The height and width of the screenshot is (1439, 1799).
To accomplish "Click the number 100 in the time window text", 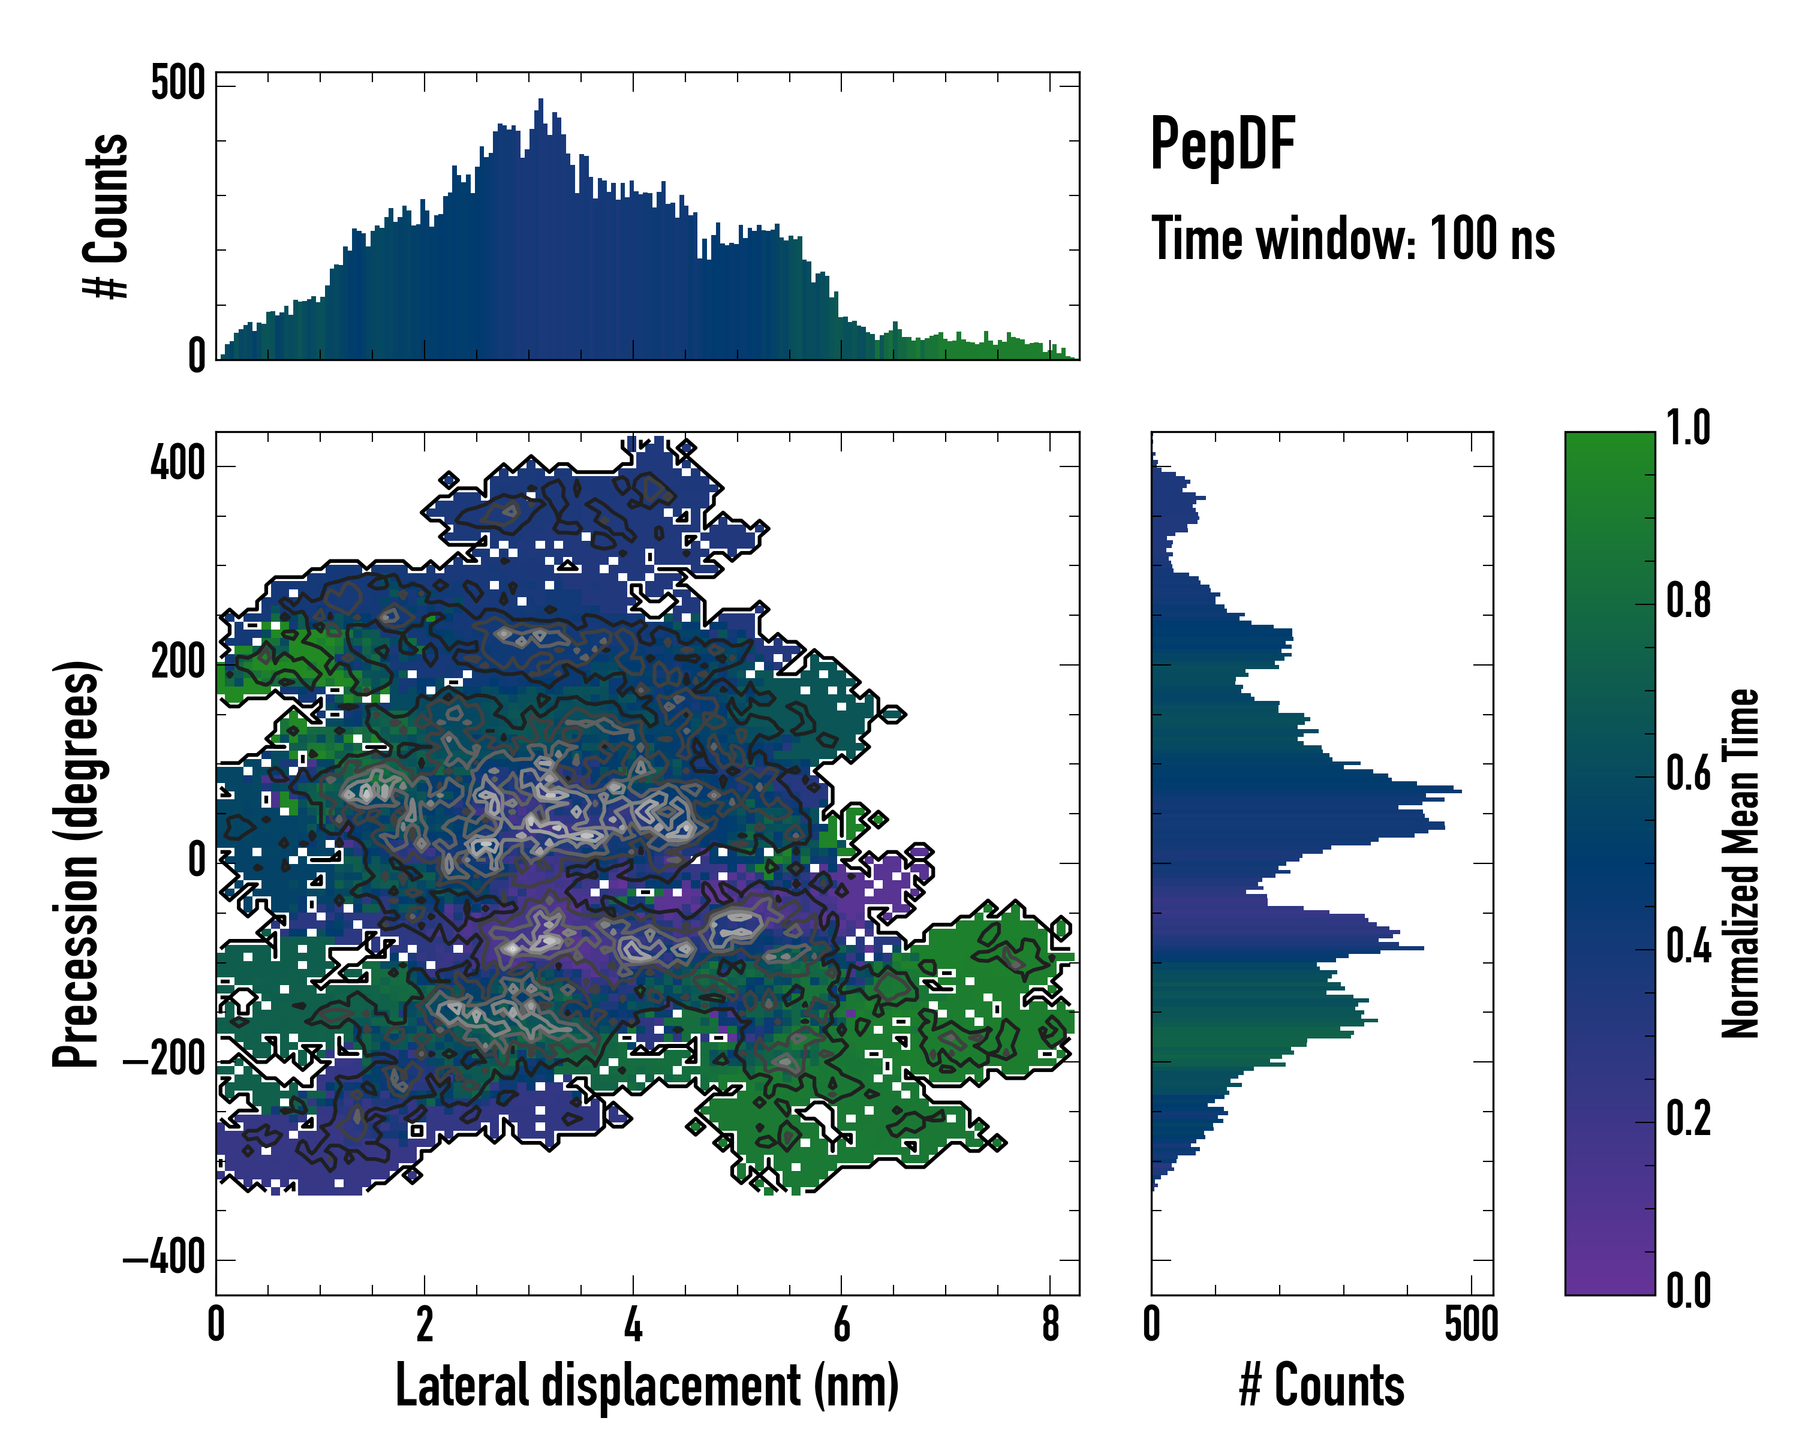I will tap(1462, 239).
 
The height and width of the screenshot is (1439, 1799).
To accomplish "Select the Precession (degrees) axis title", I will tap(77, 863).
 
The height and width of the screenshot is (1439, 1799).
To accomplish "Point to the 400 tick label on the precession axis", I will tap(178, 464).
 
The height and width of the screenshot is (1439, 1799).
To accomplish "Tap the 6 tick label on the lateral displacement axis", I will tap(841, 1324).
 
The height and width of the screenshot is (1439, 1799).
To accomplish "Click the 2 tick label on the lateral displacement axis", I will tap(425, 1324).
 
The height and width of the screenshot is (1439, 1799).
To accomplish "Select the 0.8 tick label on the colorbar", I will tap(1688, 601).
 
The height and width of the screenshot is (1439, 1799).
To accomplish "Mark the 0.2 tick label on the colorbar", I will tap(1688, 1119).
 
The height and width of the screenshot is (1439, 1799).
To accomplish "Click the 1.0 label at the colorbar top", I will tap(1688, 429).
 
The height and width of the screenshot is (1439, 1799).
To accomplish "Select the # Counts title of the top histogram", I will tap(106, 215).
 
